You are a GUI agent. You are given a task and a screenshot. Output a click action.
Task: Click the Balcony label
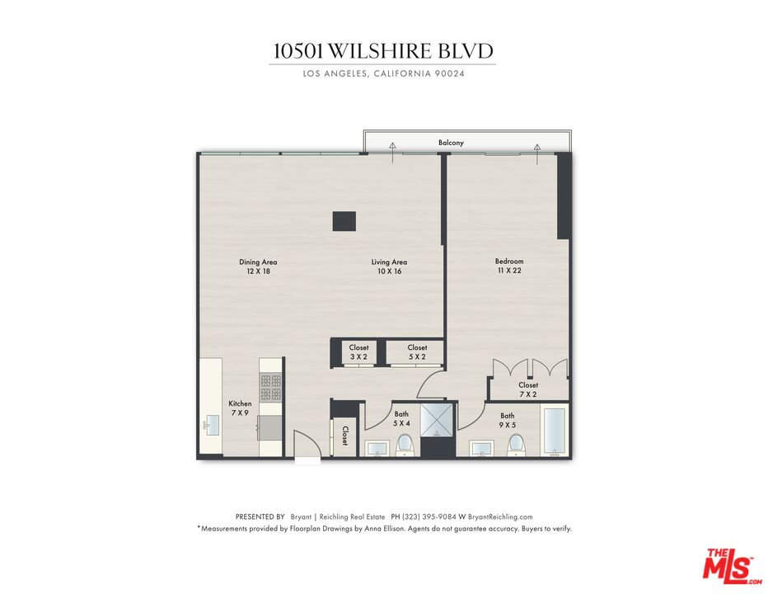point(450,143)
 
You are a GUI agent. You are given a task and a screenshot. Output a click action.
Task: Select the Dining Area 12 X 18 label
point(258,266)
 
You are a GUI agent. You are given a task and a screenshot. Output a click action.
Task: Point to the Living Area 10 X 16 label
point(388,266)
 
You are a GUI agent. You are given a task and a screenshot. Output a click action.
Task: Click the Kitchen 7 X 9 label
point(240,408)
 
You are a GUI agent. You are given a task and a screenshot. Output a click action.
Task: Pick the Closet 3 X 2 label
point(358,352)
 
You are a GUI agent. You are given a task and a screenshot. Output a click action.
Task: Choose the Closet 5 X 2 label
point(417,352)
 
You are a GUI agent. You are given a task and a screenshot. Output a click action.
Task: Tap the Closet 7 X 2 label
point(527,389)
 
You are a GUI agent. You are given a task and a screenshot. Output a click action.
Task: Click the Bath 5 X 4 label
point(401,418)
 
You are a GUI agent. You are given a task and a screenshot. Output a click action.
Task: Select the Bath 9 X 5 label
point(507,420)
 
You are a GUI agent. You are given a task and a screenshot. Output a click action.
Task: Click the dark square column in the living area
point(344,221)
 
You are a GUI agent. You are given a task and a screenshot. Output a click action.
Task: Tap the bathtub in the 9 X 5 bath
point(555,431)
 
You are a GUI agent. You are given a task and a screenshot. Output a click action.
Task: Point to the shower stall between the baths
point(437,420)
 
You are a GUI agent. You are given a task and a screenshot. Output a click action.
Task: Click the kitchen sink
point(208,426)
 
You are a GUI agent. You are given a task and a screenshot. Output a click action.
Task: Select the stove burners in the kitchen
point(271,388)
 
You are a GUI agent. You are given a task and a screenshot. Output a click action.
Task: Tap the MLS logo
point(728,565)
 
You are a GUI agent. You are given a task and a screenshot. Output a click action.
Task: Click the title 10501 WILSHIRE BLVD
point(383,51)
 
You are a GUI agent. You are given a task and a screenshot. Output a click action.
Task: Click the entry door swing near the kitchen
point(303,445)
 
